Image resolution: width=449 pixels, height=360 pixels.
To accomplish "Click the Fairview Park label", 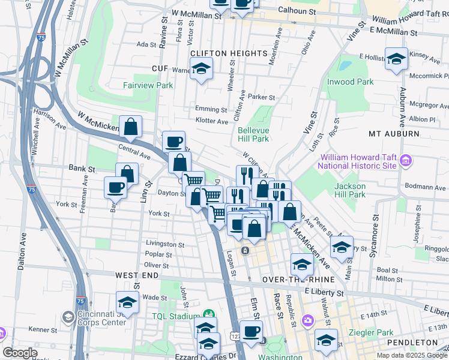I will [148, 85].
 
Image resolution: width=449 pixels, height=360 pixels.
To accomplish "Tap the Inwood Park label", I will [350, 82].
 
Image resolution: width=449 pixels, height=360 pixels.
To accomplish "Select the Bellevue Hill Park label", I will [253, 134].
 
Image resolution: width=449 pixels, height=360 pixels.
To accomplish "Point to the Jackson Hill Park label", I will [350, 190].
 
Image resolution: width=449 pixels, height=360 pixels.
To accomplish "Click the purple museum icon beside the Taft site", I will [406, 160].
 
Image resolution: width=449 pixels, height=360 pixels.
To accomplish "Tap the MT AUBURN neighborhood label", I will [394, 133].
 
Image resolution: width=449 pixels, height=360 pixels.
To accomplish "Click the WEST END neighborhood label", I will [137, 275].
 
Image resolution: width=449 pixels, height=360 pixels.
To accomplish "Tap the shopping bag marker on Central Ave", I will [130, 127].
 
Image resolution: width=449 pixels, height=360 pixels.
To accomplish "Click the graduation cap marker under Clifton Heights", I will [202, 68].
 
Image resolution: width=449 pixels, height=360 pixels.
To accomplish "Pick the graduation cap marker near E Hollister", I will [396, 59].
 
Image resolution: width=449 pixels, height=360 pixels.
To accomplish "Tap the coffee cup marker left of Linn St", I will [116, 187].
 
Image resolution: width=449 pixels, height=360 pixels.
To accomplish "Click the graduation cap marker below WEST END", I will [127, 302].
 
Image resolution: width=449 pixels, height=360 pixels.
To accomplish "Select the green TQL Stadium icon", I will [209, 314].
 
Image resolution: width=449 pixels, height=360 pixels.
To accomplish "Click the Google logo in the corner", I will [20, 353].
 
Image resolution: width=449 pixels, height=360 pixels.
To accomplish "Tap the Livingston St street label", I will [165, 244].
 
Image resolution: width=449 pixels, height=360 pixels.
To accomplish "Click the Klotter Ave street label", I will [211, 121].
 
